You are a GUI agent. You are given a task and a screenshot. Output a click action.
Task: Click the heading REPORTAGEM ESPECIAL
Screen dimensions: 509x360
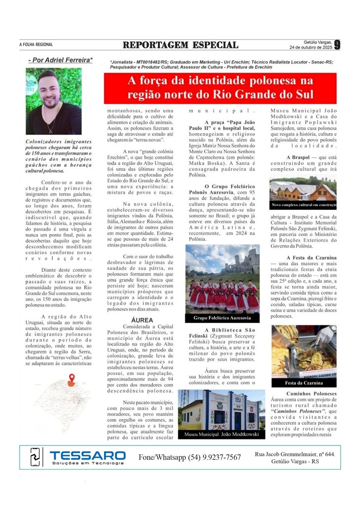point(180,45)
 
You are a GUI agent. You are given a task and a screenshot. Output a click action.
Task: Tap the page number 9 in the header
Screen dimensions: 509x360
point(337,45)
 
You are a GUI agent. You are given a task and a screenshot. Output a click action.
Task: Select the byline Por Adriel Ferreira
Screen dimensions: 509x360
point(60,60)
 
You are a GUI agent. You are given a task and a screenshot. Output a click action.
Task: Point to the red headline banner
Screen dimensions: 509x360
point(219,88)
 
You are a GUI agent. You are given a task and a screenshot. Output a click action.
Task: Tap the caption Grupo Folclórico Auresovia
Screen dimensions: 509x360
point(222,318)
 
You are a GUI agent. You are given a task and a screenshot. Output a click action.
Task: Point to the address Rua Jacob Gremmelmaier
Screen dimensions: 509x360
point(295,453)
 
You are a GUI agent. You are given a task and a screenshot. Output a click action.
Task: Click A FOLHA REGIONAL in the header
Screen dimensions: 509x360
point(36,45)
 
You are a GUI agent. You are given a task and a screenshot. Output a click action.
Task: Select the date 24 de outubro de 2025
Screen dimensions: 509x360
point(311,48)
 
